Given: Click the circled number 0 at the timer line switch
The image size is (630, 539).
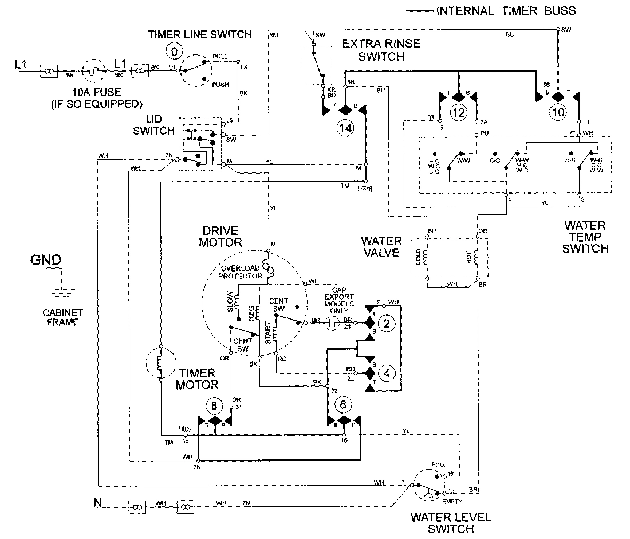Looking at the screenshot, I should coord(172,52).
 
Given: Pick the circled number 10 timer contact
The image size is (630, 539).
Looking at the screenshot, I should coord(558,112).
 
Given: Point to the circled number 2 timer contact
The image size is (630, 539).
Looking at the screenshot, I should coord(387,324).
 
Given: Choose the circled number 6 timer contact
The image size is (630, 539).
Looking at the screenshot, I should coord(344,405).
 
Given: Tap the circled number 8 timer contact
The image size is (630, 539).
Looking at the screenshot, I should coord(214,406).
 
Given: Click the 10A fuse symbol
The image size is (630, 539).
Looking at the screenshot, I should coord(91,72).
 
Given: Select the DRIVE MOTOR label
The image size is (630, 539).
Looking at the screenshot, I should coord(220,236).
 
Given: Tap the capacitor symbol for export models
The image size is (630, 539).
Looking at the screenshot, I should coord(330,322).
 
